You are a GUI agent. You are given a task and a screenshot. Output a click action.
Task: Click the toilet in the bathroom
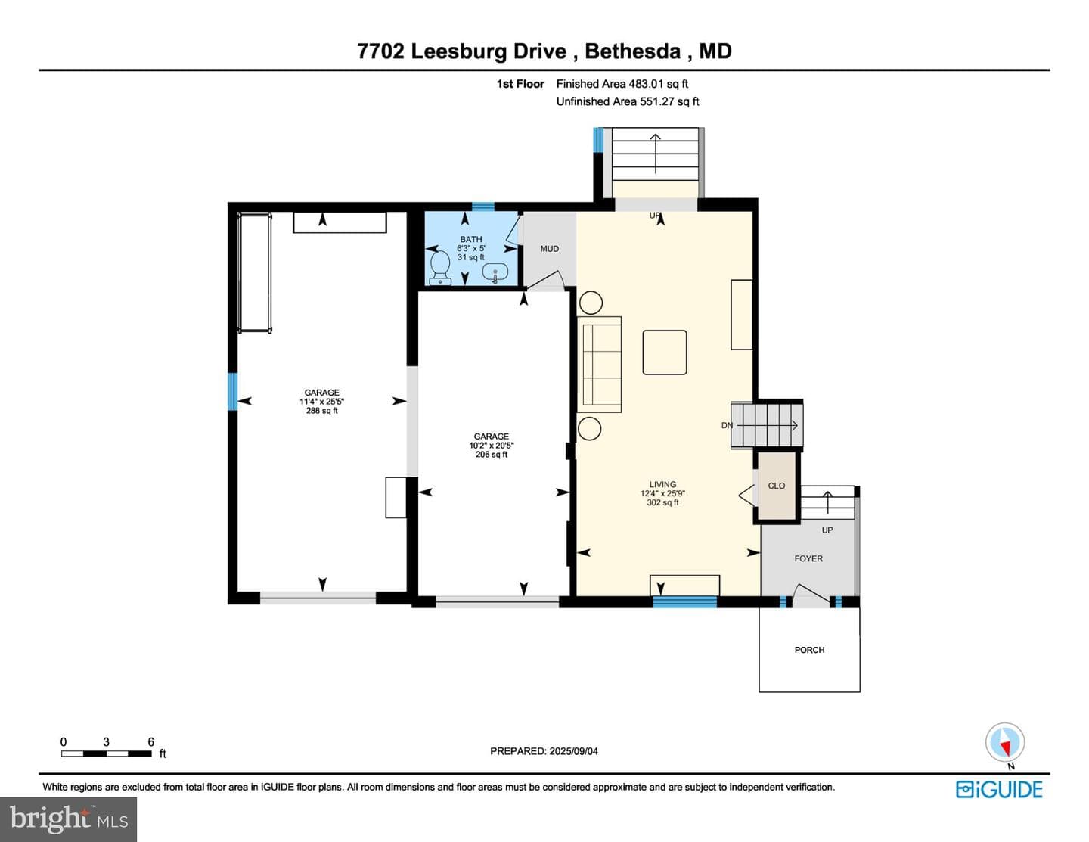pos(440,268)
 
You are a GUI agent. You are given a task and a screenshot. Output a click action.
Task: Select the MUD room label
pos(549,249)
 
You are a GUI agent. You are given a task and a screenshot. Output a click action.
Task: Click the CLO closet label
pos(776,486)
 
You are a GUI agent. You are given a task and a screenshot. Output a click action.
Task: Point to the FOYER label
pos(808,558)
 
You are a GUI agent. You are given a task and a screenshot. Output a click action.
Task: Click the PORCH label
pos(809,650)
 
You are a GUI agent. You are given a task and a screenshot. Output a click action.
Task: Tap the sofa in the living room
pos(600,365)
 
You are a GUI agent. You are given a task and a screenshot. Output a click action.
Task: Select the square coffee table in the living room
pos(665,353)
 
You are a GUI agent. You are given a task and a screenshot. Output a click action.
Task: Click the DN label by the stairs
pos(727,425)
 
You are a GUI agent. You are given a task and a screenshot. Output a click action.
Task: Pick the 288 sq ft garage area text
pos(321,411)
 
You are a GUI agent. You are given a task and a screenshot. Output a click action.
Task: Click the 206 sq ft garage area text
pos(491,455)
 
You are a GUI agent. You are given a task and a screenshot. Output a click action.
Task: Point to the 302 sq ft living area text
pos(662,502)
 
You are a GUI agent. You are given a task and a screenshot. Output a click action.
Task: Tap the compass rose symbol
pos(1005,743)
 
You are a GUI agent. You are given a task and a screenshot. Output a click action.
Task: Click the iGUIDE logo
pos(999,789)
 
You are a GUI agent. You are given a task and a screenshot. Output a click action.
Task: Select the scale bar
pos(106,753)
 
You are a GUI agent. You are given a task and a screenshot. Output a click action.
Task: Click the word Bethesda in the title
pos(633,51)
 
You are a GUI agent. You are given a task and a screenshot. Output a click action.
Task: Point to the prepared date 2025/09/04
pos(573,751)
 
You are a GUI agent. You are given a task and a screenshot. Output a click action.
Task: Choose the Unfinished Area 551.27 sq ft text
pos(628,101)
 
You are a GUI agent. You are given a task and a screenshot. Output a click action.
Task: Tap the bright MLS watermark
pos(69,819)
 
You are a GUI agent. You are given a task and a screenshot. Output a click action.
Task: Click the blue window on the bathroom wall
pos(483,207)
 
